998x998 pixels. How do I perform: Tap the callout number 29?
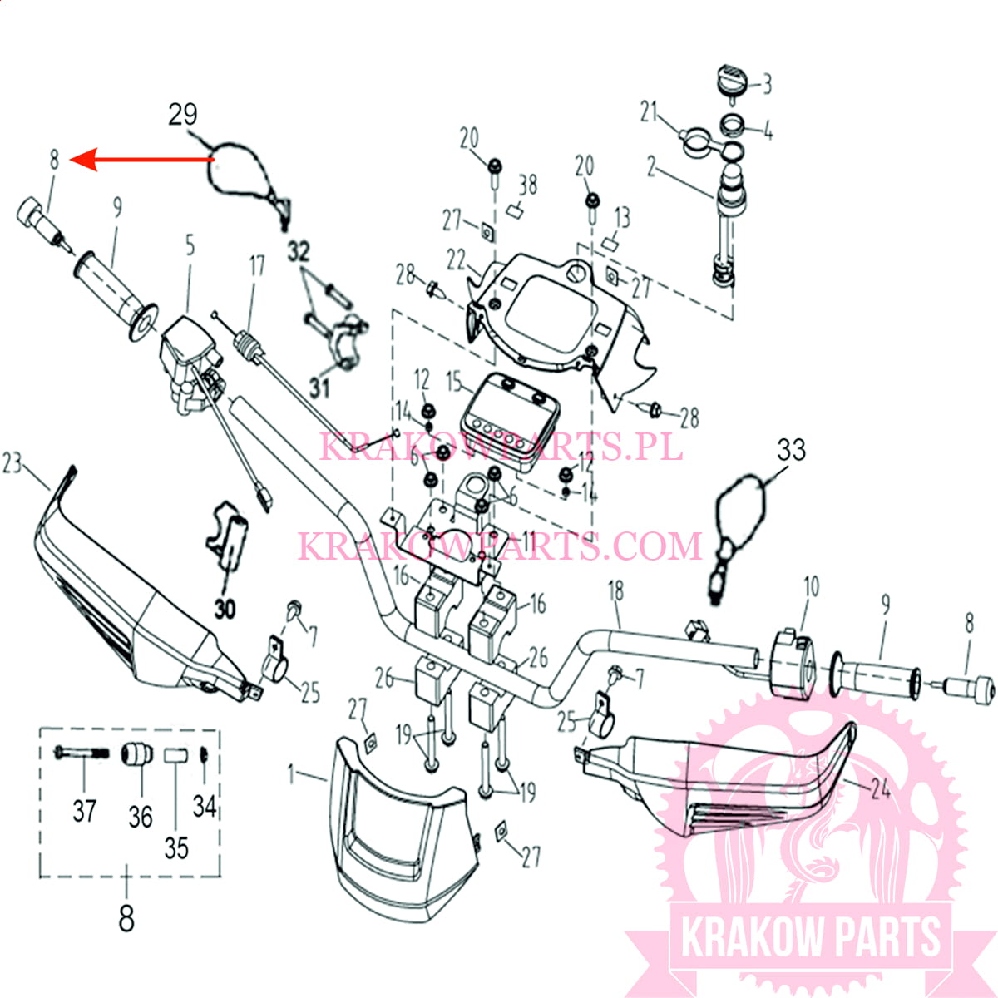point(183,114)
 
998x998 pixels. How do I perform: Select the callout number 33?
point(791,450)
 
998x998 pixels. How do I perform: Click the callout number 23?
point(12,462)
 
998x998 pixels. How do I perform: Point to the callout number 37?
point(84,809)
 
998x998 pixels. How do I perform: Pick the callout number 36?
point(140,816)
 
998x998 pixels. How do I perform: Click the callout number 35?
point(176,847)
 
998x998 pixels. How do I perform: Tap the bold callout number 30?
point(225,609)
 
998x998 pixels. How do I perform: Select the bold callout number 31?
point(319,386)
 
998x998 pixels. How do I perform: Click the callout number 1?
point(291,774)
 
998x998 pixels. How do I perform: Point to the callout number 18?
point(615,591)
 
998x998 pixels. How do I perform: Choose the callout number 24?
point(880,787)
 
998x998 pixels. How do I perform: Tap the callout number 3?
point(767,83)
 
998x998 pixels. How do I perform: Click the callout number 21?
point(649,111)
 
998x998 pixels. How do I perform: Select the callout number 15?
point(454,382)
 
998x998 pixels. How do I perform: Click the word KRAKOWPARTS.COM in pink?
point(500,546)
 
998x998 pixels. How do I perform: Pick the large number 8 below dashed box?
point(126,919)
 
